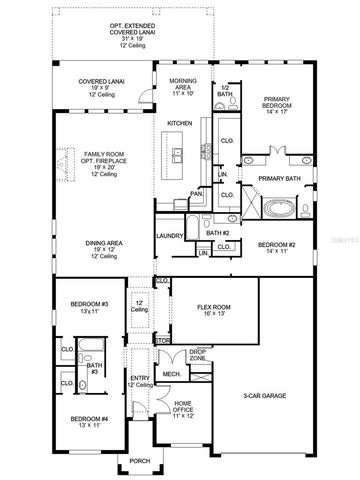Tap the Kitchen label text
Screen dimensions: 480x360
179,123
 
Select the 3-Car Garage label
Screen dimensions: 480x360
265,396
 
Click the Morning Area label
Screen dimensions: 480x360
182,85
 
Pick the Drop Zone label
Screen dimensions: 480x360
198,355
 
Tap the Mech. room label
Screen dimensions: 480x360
171,375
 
